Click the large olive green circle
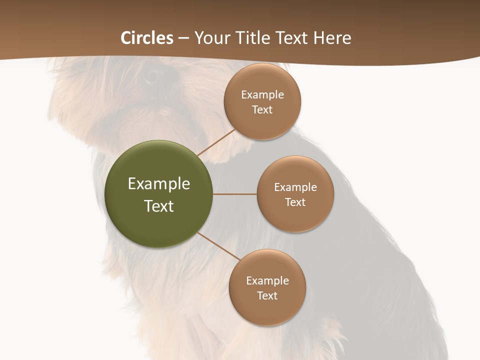coord(158,194)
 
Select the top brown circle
coord(262,101)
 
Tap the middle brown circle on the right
coord(295,194)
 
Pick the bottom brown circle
coord(267,287)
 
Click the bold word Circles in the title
coord(147,38)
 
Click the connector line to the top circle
coord(216,142)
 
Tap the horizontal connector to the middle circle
coord(234,194)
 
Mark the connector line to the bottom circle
coord(218,246)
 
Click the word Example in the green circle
coord(158,183)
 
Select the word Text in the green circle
coord(158,205)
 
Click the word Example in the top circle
coord(262,94)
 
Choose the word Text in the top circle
coord(262,109)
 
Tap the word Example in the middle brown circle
coord(295,187)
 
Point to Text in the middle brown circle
coord(295,202)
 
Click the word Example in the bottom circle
coord(267,280)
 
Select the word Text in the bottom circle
coord(267,295)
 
